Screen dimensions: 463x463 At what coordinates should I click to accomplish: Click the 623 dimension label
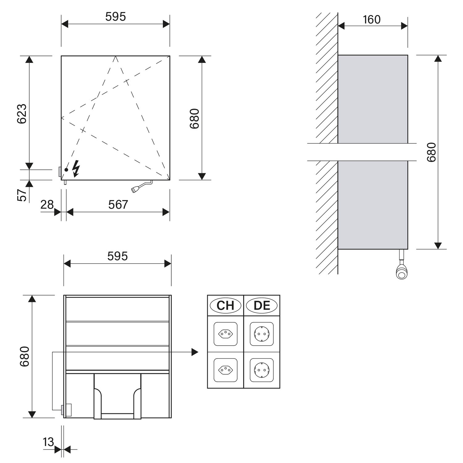coord(22,114)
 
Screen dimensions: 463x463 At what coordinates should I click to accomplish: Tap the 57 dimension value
coord(22,195)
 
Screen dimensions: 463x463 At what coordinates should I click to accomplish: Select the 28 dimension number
coord(47,205)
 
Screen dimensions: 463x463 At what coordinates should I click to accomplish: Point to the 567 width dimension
coord(118,205)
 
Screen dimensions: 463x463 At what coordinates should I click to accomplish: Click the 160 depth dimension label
coord(372,19)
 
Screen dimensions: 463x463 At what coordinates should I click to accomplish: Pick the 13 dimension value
coord(48,442)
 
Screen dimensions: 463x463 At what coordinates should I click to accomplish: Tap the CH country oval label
coord(226,306)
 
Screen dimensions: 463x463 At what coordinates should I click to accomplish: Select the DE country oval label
coord(262,306)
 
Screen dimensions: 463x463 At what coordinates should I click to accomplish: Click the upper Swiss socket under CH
coord(226,334)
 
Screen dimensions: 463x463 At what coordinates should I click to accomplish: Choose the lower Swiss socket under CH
coord(226,370)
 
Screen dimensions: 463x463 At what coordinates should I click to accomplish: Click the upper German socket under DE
coord(262,334)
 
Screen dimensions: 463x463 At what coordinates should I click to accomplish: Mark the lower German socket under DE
coord(262,370)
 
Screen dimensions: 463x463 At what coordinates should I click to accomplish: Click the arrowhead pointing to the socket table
coord(195,352)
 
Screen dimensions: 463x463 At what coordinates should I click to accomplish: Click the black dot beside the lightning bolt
coord(66,170)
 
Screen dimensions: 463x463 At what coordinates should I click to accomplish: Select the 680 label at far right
coord(431,152)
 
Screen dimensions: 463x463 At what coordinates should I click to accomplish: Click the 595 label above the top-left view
coord(115,17)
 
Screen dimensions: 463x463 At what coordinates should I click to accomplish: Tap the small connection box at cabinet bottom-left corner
coord(67,410)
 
